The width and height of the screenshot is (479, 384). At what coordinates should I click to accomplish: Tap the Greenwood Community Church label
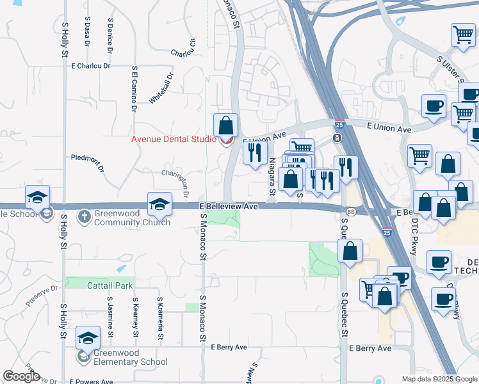[132, 218]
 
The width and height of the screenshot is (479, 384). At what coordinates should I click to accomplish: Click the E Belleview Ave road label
[228, 207]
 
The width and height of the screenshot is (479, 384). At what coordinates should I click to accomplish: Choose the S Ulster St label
[450, 68]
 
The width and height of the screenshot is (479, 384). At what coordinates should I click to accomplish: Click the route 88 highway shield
[350, 211]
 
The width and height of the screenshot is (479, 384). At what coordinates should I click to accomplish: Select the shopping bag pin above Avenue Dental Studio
[225, 125]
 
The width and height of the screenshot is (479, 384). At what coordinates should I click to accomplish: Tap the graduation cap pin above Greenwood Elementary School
[88, 337]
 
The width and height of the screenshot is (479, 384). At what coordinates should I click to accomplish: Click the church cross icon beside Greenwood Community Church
[84, 216]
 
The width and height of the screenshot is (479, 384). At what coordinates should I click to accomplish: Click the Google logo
[21, 376]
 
